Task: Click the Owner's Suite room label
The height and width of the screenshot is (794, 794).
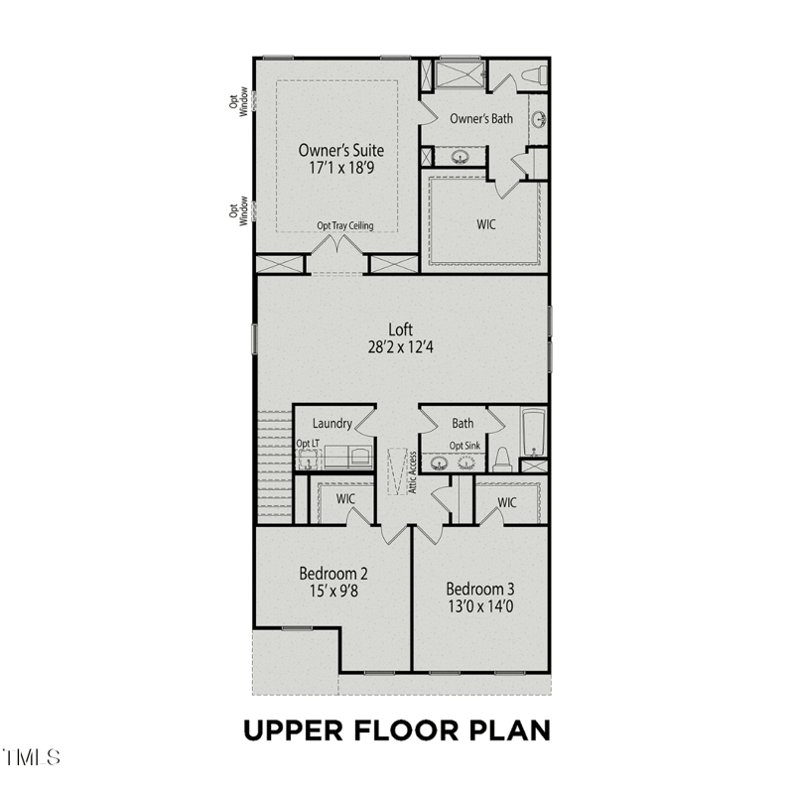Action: point(340,151)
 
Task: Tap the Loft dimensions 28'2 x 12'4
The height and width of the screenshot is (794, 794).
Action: point(401,347)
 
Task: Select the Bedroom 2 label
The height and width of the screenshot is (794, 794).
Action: point(333,574)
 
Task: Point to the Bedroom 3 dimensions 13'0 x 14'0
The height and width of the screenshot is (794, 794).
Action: point(480,606)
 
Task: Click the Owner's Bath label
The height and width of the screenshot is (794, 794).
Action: point(481,118)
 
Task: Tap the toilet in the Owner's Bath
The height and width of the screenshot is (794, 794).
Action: point(534,76)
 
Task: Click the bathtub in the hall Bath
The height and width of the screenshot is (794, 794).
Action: point(533,433)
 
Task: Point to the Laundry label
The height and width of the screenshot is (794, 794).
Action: point(332,424)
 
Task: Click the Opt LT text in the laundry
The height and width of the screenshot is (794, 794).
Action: point(308,444)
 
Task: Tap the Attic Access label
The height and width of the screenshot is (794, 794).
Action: point(412,472)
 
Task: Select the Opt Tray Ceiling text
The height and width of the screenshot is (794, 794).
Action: point(344,225)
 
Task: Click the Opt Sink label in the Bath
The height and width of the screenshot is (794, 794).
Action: point(464,446)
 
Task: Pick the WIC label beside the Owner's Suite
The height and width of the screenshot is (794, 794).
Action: point(486,224)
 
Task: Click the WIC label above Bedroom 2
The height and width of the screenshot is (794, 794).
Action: point(345,499)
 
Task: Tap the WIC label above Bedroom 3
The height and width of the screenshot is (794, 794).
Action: point(507,502)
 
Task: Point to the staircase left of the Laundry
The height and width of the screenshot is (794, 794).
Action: point(275,466)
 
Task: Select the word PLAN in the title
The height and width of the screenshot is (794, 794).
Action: point(510,730)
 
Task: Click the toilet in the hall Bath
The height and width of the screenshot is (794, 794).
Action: point(502,459)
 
